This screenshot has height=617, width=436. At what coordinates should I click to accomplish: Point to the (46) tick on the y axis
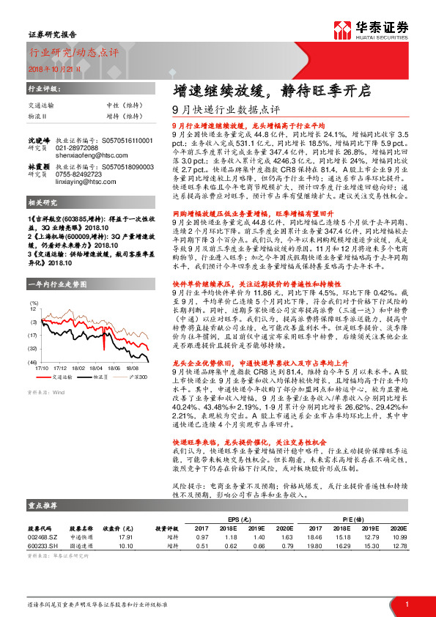33,362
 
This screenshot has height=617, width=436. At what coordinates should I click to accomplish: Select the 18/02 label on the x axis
79,369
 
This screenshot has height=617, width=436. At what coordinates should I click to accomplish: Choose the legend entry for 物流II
100,376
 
